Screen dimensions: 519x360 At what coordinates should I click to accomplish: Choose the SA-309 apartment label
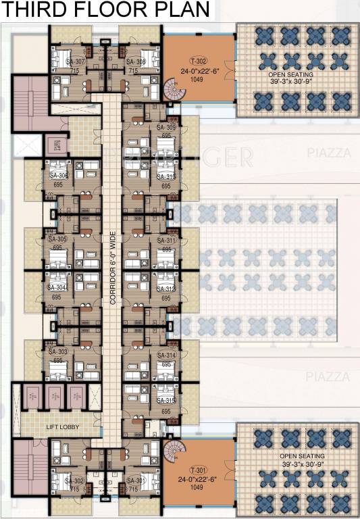166,128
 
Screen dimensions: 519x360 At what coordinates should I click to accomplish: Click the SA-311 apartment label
166,241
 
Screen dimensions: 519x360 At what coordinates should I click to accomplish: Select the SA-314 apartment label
166,355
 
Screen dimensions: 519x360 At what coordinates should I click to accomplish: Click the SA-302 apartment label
74,481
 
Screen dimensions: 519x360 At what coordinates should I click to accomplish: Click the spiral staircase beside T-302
172,88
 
